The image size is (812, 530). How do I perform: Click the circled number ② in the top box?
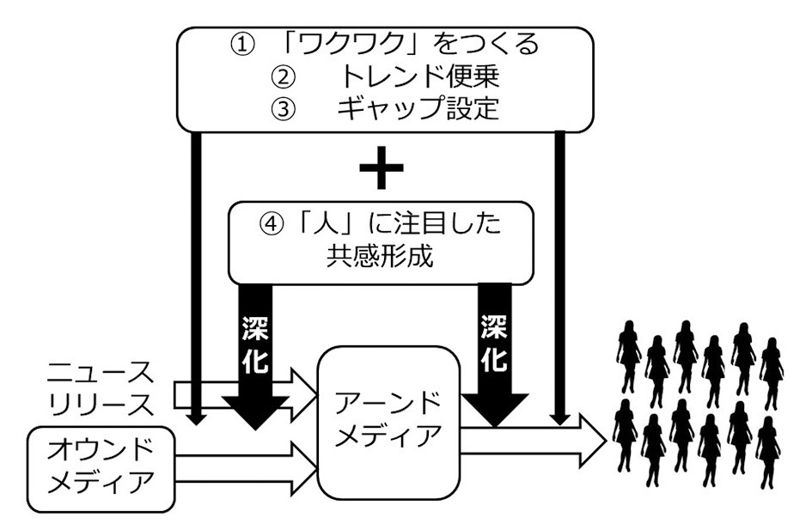pyautogui.click(x=283, y=76)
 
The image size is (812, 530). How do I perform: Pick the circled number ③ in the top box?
pyautogui.click(x=283, y=110)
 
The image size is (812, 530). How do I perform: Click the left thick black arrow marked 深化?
pyautogui.click(x=255, y=361)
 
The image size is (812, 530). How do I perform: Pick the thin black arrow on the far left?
pyautogui.click(x=197, y=275)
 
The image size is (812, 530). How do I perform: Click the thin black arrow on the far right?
pyautogui.click(x=561, y=275)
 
